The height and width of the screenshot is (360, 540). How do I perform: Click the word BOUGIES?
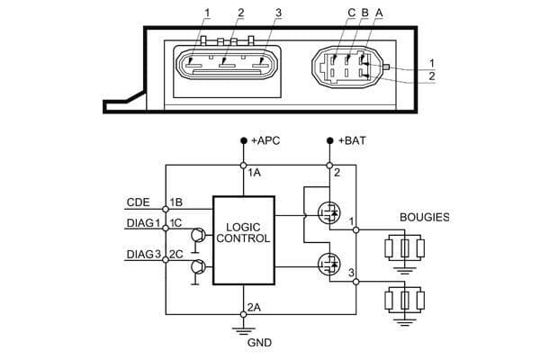[424, 218]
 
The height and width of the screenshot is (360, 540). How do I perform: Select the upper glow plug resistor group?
[404, 247]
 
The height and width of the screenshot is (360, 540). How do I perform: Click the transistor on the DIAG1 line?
[197, 237]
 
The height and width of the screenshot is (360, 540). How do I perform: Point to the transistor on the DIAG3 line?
[197, 268]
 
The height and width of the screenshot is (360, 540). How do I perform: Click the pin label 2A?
[255, 306]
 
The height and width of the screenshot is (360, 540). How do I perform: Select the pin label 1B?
[175, 202]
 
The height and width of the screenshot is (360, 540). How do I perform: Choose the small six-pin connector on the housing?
[343, 66]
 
